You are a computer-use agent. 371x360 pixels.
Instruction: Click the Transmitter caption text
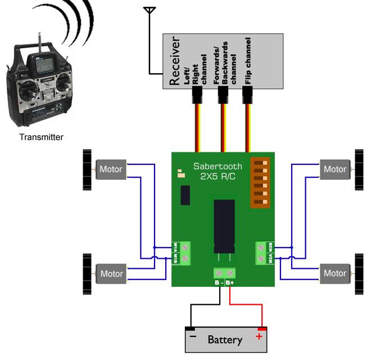point(42,137)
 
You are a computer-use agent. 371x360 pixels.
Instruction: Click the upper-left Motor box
point(111,169)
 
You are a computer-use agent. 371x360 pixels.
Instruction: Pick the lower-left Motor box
point(111,274)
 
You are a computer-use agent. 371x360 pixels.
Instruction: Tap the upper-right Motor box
point(334,169)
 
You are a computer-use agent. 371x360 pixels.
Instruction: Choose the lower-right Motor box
point(334,273)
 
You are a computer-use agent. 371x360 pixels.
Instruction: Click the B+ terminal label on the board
point(230,283)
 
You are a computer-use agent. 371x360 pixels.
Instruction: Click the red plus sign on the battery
point(259,337)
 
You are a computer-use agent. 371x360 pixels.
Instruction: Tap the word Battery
point(225,340)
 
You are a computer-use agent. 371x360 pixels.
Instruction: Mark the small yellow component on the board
point(180,173)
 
